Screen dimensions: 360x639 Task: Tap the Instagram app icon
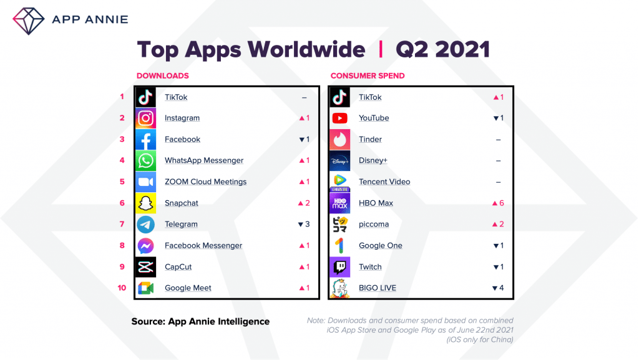tap(146, 118)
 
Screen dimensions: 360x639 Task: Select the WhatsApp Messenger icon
tap(146, 160)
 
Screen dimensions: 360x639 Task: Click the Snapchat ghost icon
tap(146, 203)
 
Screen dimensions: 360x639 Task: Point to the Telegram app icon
tap(146, 224)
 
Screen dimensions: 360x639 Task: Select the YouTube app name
tap(374, 118)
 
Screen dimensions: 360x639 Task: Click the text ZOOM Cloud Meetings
tap(205, 182)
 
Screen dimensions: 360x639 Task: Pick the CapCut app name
tap(178, 266)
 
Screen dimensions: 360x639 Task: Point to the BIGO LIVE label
tap(378, 288)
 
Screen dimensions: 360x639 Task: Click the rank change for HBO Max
tap(498, 203)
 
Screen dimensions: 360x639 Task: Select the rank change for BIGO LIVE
tap(498, 288)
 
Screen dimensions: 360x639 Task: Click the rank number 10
tap(123, 288)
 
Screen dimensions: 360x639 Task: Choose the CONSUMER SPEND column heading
tap(368, 76)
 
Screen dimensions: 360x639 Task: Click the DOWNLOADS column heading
tap(162, 76)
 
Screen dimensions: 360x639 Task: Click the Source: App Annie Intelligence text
tap(200, 321)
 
